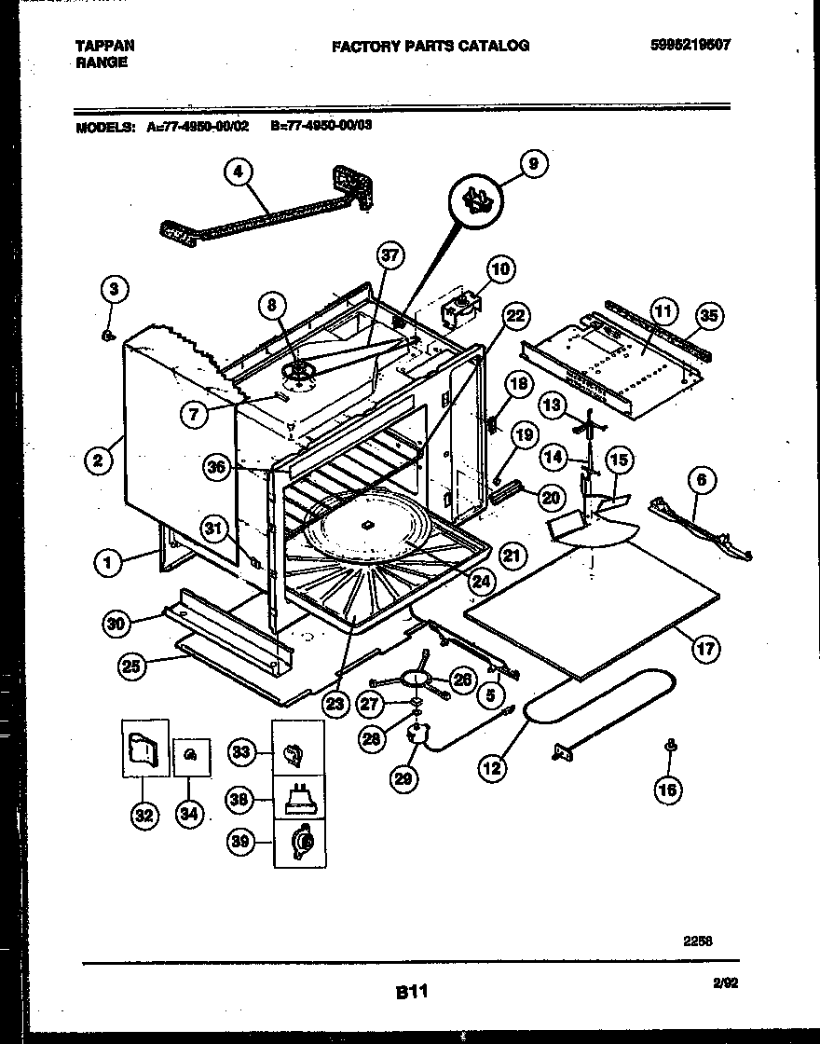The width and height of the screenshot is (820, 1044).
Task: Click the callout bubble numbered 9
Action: pos(533,165)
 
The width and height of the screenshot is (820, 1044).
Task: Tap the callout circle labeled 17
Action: pos(705,648)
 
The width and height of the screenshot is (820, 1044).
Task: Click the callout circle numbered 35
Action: pos(711,315)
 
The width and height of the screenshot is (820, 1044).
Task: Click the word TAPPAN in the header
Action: pos(104,45)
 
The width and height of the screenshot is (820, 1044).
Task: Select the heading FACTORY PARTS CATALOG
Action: pos(430,45)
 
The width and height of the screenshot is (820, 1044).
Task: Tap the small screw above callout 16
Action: pos(669,746)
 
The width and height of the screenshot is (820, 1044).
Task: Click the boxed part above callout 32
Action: pos(144,748)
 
